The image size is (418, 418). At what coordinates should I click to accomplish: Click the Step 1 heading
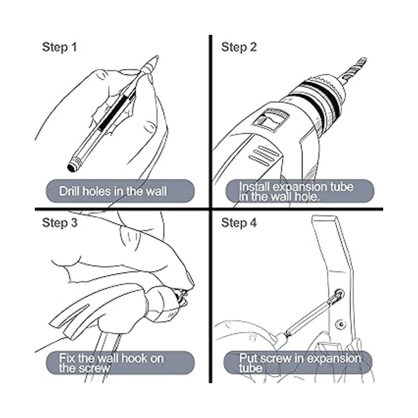60,47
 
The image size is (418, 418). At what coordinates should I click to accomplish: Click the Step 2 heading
239,47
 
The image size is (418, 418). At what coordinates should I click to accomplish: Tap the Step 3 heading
60,223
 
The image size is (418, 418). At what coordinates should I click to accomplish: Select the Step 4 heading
239,223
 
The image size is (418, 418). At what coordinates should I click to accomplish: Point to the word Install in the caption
254,187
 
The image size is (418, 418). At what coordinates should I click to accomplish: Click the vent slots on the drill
264,154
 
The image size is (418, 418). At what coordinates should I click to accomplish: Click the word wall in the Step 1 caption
156,191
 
